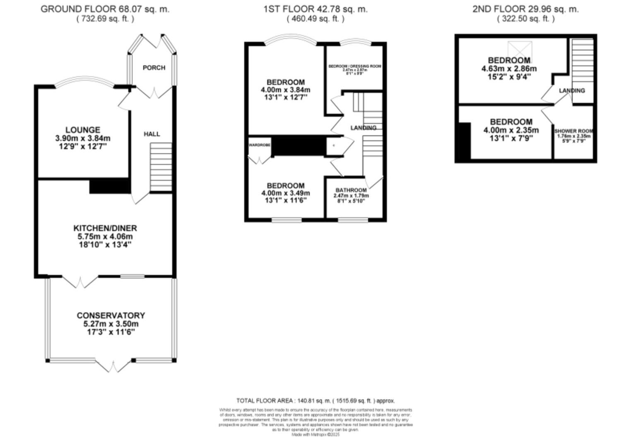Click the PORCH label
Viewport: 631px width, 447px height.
tap(154, 67)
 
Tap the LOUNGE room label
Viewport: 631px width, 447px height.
tap(83, 130)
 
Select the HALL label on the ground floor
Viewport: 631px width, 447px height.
tap(152, 134)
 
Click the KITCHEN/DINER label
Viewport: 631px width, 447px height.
tap(105, 228)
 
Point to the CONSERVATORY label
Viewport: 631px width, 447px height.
tap(111, 315)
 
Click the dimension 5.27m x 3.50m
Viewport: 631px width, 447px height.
tap(111, 324)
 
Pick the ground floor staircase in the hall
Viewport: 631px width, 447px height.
tap(161, 167)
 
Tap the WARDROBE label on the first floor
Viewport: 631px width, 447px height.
tap(260, 145)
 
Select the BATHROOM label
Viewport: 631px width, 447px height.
tap(351, 190)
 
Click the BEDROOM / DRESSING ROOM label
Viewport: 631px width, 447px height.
tap(355, 66)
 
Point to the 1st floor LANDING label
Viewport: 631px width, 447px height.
tap(363, 128)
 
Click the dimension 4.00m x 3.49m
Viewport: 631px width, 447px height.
tap(285, 193)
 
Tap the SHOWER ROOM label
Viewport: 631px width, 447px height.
tap(574, 131)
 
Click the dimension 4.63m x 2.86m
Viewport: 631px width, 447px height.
tap(509, 69)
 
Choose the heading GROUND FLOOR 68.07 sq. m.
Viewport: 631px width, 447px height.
tap(105, 9)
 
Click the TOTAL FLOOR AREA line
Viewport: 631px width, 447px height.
tap(315, 401)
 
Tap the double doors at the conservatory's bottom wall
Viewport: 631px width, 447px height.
tap(114, 366)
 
